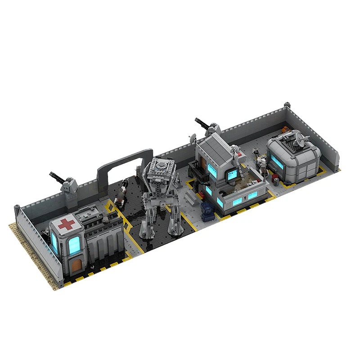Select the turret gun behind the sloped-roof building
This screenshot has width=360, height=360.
205,125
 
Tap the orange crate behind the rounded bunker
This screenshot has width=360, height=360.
287,130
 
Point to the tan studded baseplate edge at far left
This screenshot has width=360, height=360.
27,247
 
